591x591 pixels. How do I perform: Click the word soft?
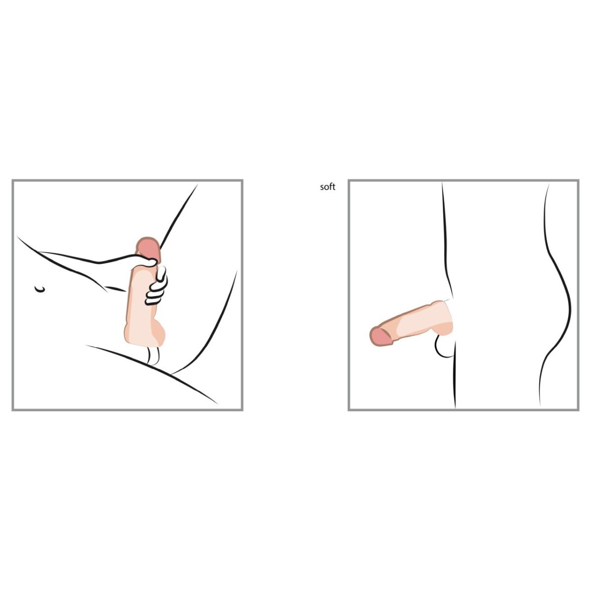coord(327,187)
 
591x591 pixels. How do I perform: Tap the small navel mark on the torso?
coord(40,289)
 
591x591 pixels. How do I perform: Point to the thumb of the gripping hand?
coord(147,262)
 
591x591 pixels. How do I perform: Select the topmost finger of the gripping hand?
coord(162,273)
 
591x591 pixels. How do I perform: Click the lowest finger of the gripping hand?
coord(152,301)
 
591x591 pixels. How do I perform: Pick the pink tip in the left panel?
coord(148,248)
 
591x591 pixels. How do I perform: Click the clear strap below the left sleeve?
coord(154,355)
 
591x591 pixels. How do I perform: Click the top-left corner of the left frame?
coord(13,180)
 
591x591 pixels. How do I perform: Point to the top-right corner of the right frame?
coord(578,180)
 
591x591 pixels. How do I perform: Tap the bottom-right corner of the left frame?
coord(242,410)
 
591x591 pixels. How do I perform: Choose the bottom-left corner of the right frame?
coord(349,410)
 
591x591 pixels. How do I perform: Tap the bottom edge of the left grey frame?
coord(127,410)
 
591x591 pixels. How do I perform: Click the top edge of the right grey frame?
coord(463,180)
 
